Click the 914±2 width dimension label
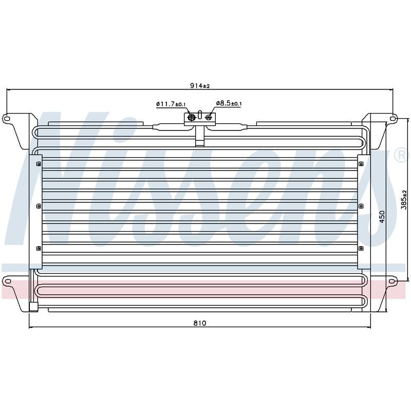click(200, 86)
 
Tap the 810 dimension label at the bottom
click(200, 323)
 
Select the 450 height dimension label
click(382, 216)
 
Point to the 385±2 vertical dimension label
click(404, 200)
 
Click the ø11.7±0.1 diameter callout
click(171, 104)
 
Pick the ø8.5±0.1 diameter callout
click(229, 103)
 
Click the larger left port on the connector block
click(192, 117)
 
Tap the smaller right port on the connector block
click(209, 117)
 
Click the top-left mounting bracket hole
click(7, 119)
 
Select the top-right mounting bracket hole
click(393, 119)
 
